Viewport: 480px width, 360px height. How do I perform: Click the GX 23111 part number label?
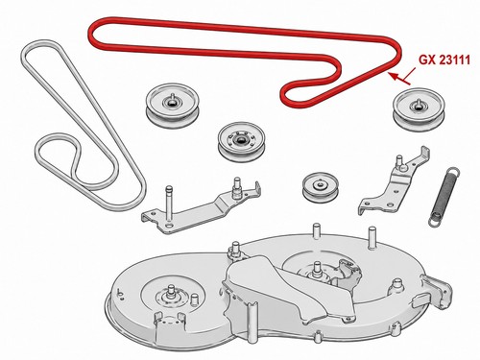pyautogui.click(x=444, y=60)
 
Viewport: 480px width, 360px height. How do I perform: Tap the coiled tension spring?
pyautogui.click(x=444, y=198)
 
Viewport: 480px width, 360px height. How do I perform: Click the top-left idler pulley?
pyautogui.click(x=173, y=106)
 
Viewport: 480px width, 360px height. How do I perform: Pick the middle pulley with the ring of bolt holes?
pyautogui.click(x=241, y=143)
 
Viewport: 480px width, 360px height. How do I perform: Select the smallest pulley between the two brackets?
pyautogui.click(x=321, y=187)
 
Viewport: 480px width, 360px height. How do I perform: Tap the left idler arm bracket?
pyautogui.click(x=202, y=208)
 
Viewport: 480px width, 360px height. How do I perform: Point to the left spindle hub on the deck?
pyautogui.click(x=172, y=293)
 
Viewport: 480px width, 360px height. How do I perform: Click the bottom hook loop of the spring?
pyautogui.click(x=434, y=222)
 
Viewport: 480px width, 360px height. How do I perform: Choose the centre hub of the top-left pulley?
pyautogui.click(x=172, y=102)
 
